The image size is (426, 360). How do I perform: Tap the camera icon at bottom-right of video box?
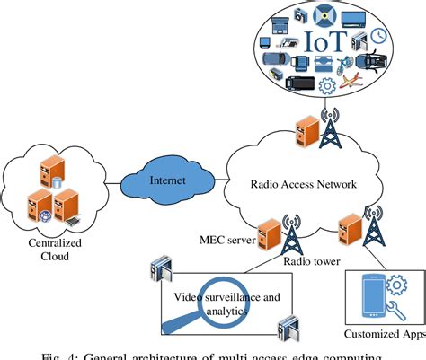point(286,324)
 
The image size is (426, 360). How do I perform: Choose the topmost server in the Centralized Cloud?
point(43,170)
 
